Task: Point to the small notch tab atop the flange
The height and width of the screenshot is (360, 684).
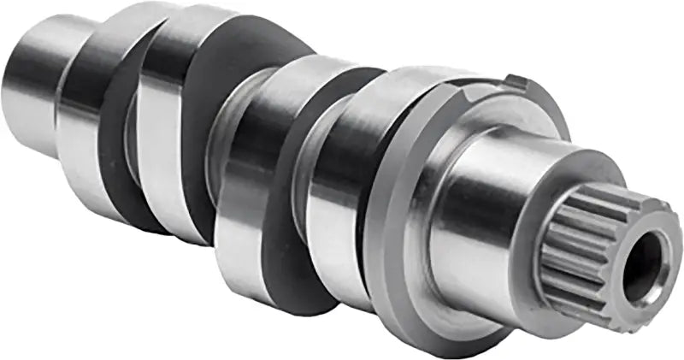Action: (x=515, y=82)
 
